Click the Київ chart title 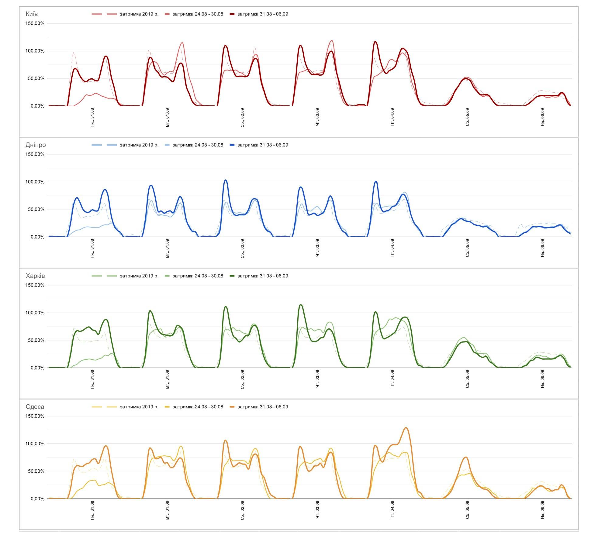click(32, 14)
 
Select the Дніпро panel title click(36, 145)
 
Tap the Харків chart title click(35, 276)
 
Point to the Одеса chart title click(35, 407)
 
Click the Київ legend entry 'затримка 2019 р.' click(139, 14)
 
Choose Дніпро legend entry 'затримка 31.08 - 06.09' click(263, 145)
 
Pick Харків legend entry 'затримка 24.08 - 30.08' click(198, 276)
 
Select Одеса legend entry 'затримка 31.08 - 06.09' click(263, 407)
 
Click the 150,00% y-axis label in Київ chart click(35, 23)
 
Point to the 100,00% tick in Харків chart click(35, 313)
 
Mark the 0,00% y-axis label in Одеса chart click(37, 499)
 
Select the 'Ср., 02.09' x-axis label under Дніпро click(242, 248)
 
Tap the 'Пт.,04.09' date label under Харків click(392, 379)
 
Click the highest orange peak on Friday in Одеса click(406, 428)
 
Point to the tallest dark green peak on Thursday click(301, 305)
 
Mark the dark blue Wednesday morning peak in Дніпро click(225, 180)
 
